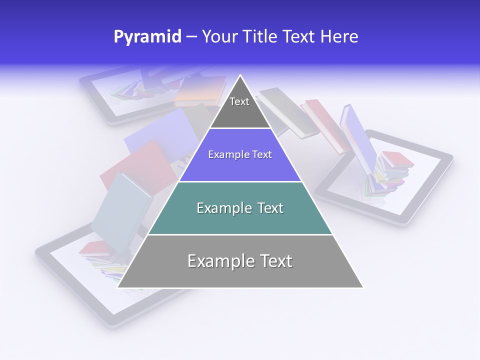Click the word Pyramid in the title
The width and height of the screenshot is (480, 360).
147,36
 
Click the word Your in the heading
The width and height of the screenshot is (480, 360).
219,36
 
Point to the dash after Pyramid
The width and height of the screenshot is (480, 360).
191,36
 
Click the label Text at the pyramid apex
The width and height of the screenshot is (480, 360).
239,101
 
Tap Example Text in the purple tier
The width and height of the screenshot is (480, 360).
240,154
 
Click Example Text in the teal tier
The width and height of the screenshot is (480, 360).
240,208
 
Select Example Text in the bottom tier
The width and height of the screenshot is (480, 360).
240,261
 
